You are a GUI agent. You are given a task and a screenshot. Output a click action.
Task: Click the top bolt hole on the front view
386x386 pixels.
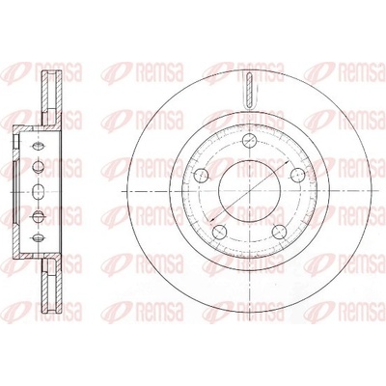pyautogui.click(x=249, y=140)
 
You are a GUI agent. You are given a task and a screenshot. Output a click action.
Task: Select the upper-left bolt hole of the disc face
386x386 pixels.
pyautogui.click(x=202, y=175)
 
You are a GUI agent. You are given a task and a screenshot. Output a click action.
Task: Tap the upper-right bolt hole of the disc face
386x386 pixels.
pyautogui.click(x=297, y=175)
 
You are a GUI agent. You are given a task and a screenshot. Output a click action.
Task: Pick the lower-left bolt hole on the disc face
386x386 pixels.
pyautogui.click(x=220, y=231)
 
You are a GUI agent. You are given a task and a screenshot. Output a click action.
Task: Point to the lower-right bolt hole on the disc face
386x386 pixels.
pyautogui.click(x=279, y=231)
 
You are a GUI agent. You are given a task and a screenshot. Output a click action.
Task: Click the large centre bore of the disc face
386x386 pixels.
pyautogui.click(x=250, y=191)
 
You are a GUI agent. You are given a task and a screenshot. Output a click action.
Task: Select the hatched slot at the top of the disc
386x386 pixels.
pyautogui.click(x=250, y=90)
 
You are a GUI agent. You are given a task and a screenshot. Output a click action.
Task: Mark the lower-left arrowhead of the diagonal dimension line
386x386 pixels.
pyautogui.click(x=212, y=219)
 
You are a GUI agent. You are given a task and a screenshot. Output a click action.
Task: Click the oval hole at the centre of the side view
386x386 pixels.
pyautogui.click(x=39, y=191)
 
